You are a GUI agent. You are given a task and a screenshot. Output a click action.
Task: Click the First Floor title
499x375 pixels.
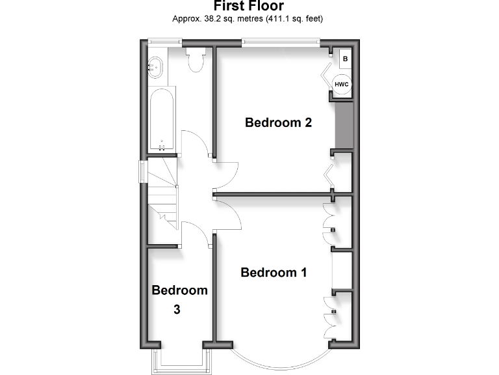(248, 7)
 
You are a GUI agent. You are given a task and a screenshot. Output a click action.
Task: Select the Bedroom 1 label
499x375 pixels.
(273, 273)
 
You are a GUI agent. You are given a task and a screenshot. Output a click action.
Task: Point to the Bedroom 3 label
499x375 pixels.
(179, 299)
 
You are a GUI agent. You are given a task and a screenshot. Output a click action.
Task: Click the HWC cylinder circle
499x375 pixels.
(342, 84)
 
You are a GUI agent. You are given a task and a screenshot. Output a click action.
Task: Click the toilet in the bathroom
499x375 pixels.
(194, 59)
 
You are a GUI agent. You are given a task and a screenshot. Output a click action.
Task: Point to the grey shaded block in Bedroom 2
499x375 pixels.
(343, 124)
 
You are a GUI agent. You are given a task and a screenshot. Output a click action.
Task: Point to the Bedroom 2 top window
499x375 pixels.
(281, 43)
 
